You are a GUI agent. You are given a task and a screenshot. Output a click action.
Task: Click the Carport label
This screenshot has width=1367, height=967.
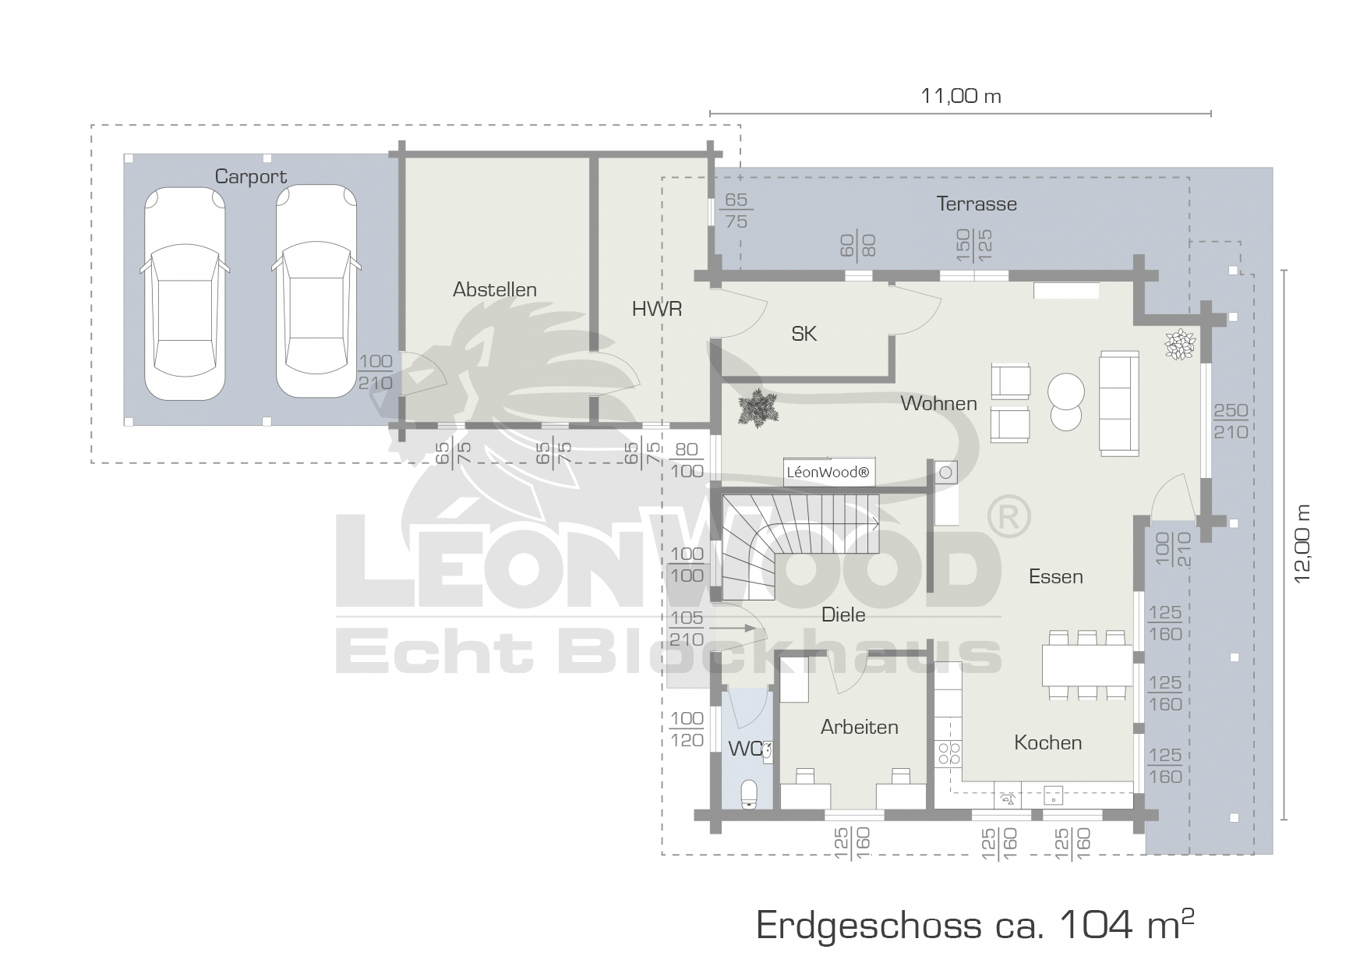coord(251,177)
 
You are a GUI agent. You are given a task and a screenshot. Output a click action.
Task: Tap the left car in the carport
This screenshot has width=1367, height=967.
coord(185,292)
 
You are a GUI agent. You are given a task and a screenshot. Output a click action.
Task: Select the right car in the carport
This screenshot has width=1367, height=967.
coord(316,292)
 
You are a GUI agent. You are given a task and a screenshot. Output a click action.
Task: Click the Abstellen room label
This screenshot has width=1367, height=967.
coord(495,289)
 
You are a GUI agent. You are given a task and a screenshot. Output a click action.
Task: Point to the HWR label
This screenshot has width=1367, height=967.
coord(657,310)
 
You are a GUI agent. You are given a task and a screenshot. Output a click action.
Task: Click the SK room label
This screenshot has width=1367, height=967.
coord(804,334)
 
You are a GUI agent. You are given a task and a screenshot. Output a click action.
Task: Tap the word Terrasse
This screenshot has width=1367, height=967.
coord(977,204)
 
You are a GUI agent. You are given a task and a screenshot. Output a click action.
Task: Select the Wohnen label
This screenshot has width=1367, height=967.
coord(938,403)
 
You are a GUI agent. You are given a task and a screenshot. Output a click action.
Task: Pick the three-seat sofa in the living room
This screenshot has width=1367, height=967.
coord(1119,402)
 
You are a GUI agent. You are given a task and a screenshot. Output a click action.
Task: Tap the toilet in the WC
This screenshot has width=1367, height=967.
coord(749,792)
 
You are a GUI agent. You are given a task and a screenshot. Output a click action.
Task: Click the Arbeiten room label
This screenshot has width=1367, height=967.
coord(860,727)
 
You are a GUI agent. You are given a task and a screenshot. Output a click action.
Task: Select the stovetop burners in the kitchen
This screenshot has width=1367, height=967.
coord(948,753)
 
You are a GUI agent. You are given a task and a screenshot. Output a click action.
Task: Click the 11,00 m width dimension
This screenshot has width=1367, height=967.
coord(961,97)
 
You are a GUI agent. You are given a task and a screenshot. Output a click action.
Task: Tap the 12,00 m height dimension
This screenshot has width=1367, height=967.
coord(1302,544)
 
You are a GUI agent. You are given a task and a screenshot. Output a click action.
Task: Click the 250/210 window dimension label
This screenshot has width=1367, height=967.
coord(1231,421)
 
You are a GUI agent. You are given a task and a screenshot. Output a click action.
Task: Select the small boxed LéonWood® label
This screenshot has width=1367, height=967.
coord(829,472)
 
